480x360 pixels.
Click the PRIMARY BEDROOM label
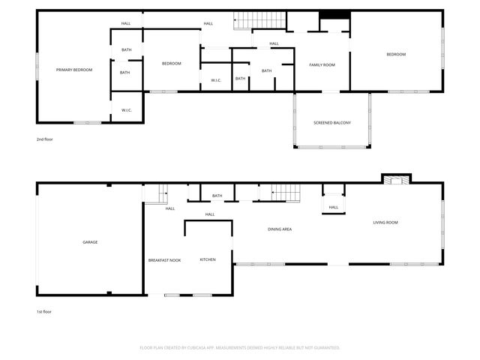74,70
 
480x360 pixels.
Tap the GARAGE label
90,241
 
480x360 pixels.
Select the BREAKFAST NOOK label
164,259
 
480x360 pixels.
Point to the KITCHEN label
208,259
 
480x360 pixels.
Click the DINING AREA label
280,229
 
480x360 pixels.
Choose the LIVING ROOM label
385,222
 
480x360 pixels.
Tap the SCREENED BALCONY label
331,122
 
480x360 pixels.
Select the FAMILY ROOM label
322,65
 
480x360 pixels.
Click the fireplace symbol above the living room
397,178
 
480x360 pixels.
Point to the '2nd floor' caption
44,139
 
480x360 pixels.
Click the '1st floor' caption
44,311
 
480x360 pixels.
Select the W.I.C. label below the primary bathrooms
127,110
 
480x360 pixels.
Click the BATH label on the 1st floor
217,196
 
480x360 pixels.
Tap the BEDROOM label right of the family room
396,54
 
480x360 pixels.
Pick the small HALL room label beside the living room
333,207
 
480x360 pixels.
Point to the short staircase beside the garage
155,194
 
